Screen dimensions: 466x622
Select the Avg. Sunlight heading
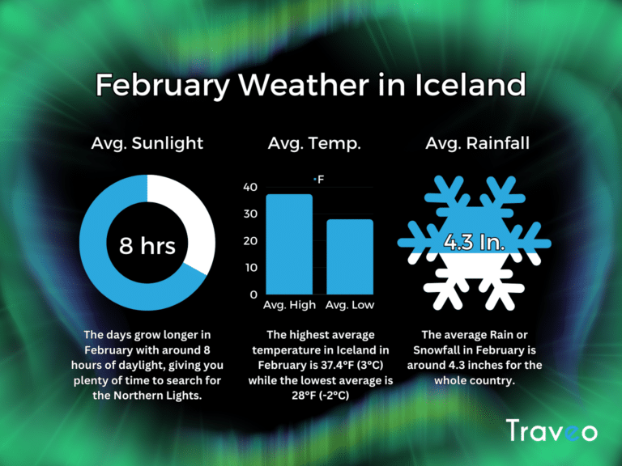pos(147,144)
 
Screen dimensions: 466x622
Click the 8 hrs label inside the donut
pos(147,245)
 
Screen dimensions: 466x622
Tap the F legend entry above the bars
pos(319,178)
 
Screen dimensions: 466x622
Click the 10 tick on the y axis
pos(251,268)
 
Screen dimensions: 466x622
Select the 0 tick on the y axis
pos(253,294)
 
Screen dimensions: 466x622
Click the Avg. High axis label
pos(289,306)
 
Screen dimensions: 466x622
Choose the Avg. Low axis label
pos(350,306)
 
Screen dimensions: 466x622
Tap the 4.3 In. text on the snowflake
pos(475,242)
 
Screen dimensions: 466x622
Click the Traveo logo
pos(552,430)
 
